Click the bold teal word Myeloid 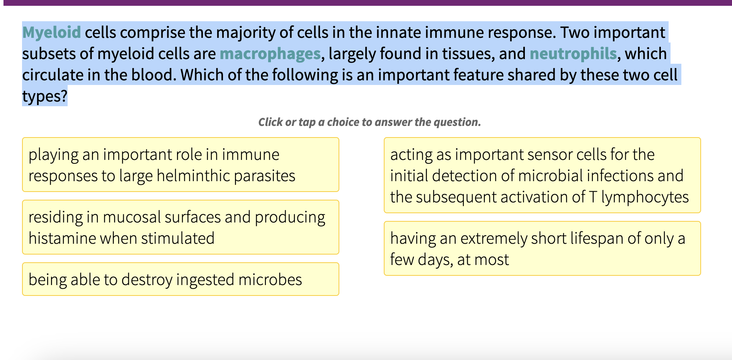(51, 32)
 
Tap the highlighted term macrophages (270, 54)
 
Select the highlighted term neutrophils (573, 54)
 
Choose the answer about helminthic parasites (180, 165)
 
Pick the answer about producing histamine (180, 227)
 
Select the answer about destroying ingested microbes (180, 279)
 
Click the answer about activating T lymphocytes (542, 175)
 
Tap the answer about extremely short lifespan (542, 248)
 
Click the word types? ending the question (44, 96)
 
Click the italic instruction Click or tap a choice (369, 122)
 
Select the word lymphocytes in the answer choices (645, 197)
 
